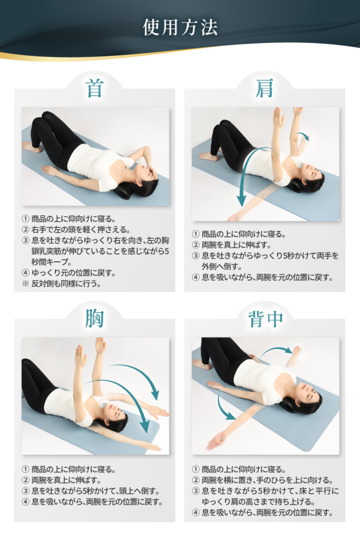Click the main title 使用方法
coord(180,27)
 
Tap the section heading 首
coord(94,88)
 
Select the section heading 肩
coord(264,88)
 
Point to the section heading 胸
coord(94,318)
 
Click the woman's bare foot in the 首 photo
coord(32,147)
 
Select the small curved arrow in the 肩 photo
coord(304,136)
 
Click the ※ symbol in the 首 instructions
coord(25,284)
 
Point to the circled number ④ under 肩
coord(196,277)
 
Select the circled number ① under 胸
coord(25,469)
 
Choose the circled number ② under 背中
coord(196,480)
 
